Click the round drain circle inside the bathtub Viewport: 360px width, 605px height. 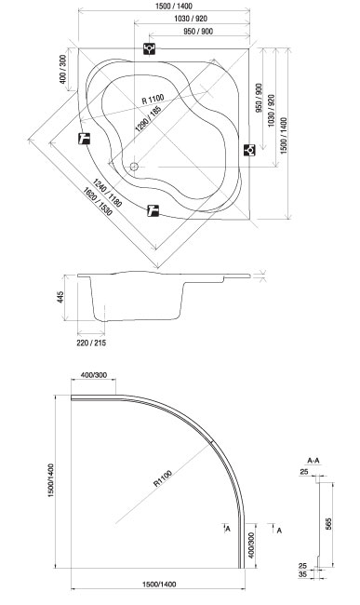(x=134, y=167)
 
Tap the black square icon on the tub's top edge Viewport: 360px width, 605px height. (x=149, y=48)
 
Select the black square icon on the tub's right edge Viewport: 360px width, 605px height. (x=249, y=150)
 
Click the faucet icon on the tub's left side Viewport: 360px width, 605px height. (x=84, y=138)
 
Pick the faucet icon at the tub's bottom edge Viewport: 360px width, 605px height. (x=153, y=210)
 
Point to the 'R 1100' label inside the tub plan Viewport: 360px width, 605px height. (x=153, y=100)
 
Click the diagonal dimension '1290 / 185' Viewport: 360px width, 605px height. (x=148, y=118)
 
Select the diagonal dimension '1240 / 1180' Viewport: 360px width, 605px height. (x=107, y=193)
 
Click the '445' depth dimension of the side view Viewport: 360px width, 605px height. (x=60, y=297)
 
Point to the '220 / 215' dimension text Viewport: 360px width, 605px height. (x=91, y=343)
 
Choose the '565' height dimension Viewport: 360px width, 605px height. (x=328, y=523)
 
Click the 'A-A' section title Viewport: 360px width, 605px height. (x=313, y=461)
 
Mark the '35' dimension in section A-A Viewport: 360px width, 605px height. (x=303, y=574)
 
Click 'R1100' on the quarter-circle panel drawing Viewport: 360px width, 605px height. (x=163, y=478)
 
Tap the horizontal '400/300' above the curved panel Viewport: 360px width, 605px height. (x=94, y=375)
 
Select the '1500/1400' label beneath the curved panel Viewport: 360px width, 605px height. (x=159, y=585)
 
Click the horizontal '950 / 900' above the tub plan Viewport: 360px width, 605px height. (x=198, y=32)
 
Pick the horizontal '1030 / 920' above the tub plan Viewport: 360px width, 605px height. (x=191, y=19)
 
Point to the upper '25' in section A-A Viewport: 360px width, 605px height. (x=304, y=472)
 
